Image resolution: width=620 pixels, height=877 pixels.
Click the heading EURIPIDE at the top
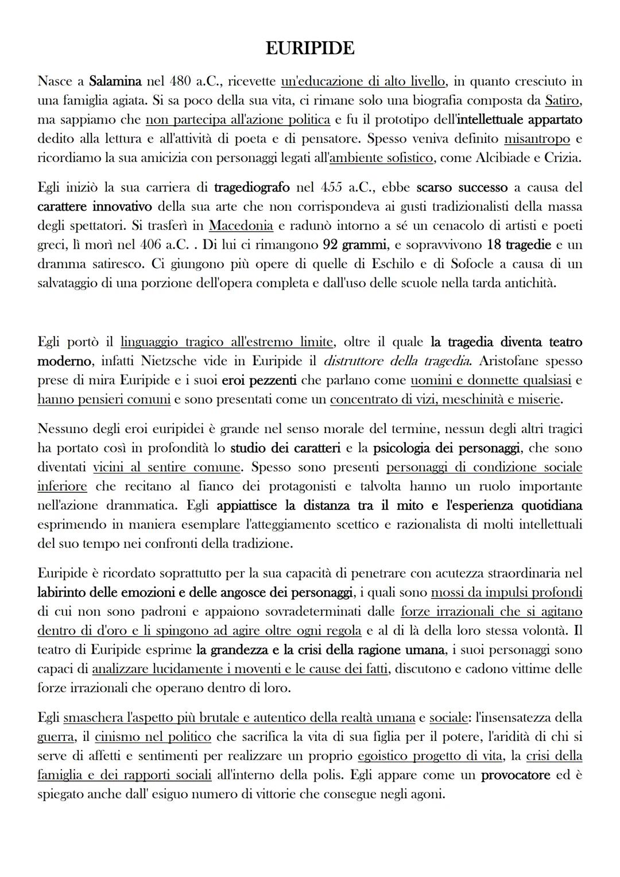(x=310, y=48)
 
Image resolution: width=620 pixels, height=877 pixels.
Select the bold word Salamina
(x=115, y=82)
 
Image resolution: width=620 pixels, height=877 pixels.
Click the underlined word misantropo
(x=537, y=139)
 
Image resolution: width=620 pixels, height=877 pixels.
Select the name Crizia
(x=563, y=158)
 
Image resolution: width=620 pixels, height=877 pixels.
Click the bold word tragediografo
(x=252, y=187)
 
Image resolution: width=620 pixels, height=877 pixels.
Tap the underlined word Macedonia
(x=241, y=226)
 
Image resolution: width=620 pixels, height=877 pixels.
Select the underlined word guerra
(x=56, y=737)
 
